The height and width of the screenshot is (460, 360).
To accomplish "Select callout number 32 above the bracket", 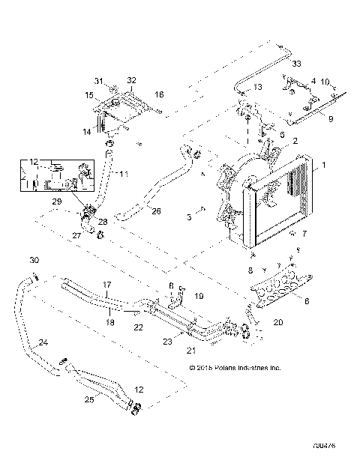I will click(131, 79).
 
